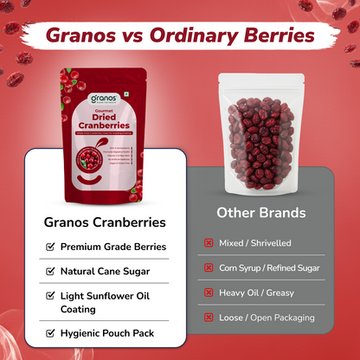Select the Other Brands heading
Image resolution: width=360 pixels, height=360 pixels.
click(262, 212)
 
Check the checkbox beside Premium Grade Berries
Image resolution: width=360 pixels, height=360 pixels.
click(49, 247)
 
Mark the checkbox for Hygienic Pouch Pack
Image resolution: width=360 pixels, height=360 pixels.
click(49, 332)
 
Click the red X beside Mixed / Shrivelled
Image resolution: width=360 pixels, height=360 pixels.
click(209, 243)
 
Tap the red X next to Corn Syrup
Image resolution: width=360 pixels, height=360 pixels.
click(209, 268)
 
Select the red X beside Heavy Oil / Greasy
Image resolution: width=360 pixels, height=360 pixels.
click(209, 292)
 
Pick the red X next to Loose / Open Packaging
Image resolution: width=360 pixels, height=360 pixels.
click(209, 318)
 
